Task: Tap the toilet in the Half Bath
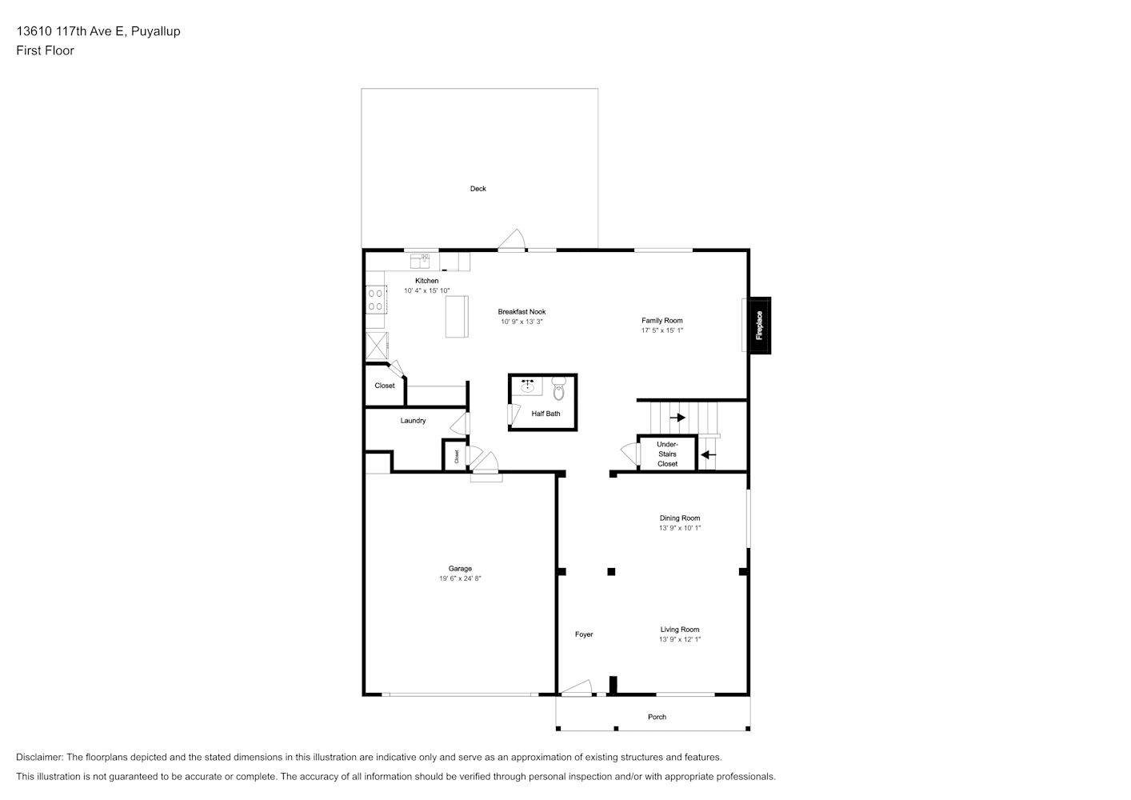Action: (558, 388)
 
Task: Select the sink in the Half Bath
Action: (528, 386)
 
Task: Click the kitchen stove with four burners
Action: (376, 299)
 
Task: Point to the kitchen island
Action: (457, 317)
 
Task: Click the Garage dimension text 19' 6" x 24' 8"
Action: (459, 578)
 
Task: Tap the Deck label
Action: (478, 189)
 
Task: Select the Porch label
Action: (657, 717)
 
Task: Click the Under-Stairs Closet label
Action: (667, 454)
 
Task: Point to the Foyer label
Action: (584, 634)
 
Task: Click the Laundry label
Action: (413, 421)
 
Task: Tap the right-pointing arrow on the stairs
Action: (677, 418)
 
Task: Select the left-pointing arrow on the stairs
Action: (709, 455)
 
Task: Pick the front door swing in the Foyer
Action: (576, 688)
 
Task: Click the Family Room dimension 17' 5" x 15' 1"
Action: (662, 330)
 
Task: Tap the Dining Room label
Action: (680, 518)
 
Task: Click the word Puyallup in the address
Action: (155, 31)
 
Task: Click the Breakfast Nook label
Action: (522, 312)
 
